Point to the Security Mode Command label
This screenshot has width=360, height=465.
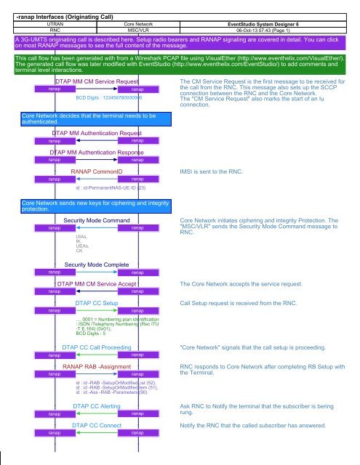click(97, 219)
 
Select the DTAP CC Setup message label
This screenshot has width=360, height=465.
click(97, 302)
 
